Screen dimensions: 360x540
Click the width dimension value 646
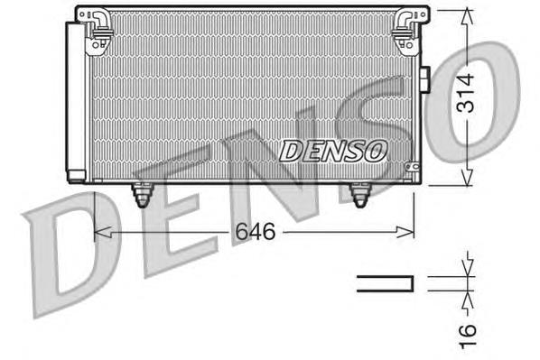[x=256, y=232]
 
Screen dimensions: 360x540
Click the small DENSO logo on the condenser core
[x=332, y=150]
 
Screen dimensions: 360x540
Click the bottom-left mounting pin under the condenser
[x=142, y=194]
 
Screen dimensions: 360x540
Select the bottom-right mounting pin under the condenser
[x=361, y=194]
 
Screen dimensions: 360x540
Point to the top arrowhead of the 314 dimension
[x=466, y=14]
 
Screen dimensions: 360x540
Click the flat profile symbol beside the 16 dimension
[x=386, y=283]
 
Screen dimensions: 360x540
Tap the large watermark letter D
[x=68, y=253]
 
